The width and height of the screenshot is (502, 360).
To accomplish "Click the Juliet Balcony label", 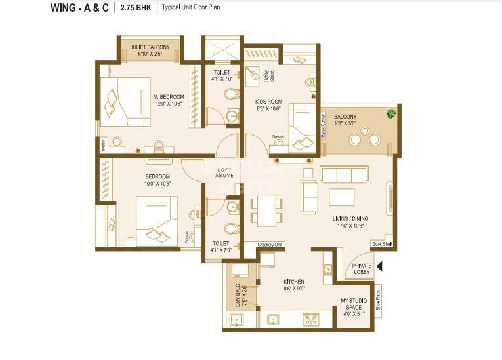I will point(150,47).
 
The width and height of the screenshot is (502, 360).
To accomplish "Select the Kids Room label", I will point(268,101).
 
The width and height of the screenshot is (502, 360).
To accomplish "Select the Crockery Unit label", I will point(270,244).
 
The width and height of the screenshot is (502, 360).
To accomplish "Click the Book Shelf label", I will point(381,244).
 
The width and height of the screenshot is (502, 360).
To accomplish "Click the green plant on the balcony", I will point(391,114).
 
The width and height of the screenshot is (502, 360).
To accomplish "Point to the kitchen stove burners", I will point(310,319).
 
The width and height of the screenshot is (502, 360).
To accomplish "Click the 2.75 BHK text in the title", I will point(136,8).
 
